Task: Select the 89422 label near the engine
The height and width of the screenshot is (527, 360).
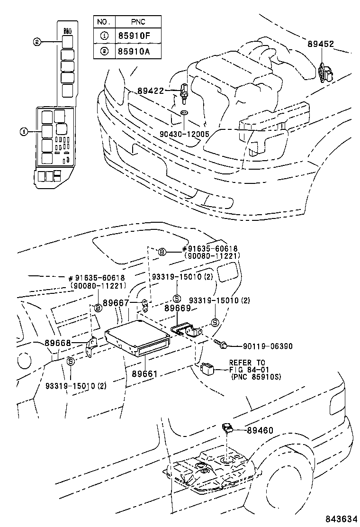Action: pyautogui.click(x=151, y=90)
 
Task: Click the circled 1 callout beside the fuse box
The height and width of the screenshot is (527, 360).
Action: pyautogui.click(x=24, y=131)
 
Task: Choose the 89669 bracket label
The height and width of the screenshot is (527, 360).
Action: pyautogui.click(x=177, y=308)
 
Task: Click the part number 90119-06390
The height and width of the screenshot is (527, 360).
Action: pyautogui.click(x=262, y=346)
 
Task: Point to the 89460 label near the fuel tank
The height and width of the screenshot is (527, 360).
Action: pyautogui.click(x=260, y=430)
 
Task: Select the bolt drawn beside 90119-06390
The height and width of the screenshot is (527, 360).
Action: pyautogui.click(x=221, y=344)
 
